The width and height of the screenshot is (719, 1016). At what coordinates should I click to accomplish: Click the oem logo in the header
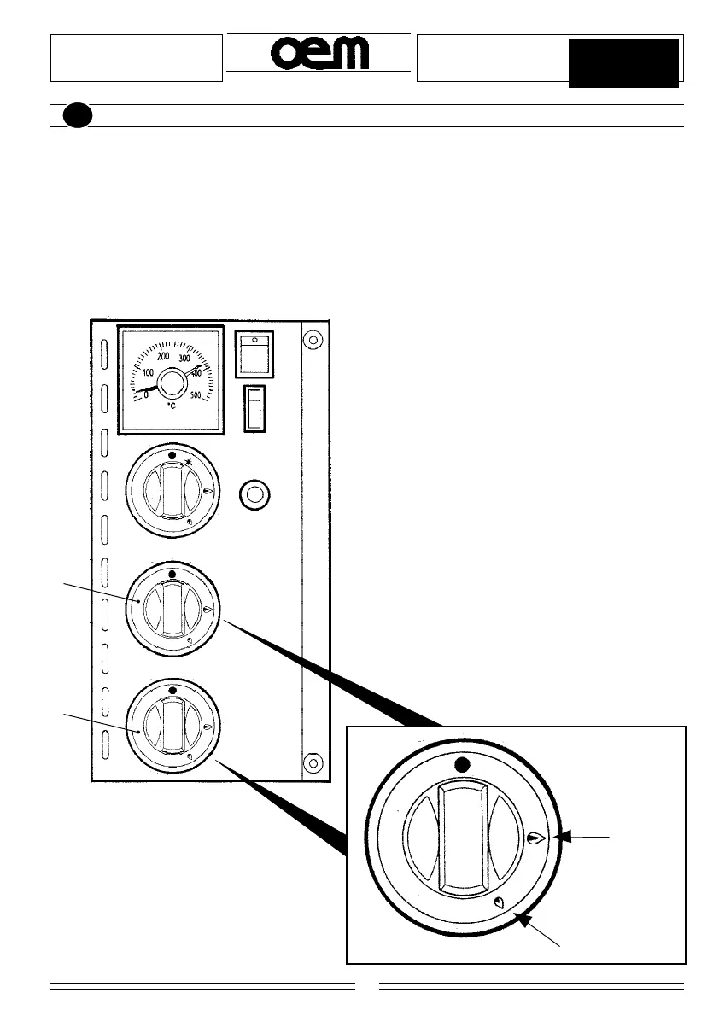pyautogui.click(x=320, y=55)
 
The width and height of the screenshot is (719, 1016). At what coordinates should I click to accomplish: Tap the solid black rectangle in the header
pyautogui.click(x=623, y=63)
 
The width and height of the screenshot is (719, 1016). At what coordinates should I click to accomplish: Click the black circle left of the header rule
pyautogui.click(x=77, y=116)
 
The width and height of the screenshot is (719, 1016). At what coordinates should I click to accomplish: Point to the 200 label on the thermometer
pyautogui.click(x=163, y=356)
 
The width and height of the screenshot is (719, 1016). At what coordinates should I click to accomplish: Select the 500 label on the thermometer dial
pyautogui.click(x=196, y=394)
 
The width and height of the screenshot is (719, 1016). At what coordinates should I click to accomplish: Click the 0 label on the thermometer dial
pyautogui.click(x=145, y=394)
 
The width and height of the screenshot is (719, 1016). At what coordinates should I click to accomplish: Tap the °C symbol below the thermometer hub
pyautogui.click(x=172, y=406)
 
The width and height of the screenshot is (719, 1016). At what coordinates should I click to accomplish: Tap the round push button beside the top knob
pyautogui.click(x=254, y=493)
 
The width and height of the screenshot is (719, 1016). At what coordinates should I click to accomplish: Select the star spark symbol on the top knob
pyautogui.click(x=189, y=461)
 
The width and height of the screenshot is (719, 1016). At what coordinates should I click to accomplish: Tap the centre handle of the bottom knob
pyautogui.click(x=172, y=727)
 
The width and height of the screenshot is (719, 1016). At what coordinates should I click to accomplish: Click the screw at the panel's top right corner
pyautogui.click(x=313, y=340)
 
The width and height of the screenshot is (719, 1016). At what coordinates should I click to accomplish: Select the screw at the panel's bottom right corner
pyautogui.click(x=313, y=762)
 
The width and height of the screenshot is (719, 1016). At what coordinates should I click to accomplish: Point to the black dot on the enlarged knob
pyautogui.click(x=462, y=764)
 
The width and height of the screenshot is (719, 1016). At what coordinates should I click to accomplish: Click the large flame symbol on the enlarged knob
pyautogui.click(x=535, y=838)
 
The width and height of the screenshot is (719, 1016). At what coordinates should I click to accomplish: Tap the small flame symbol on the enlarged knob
pyautogui.click(x=500, y=902)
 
